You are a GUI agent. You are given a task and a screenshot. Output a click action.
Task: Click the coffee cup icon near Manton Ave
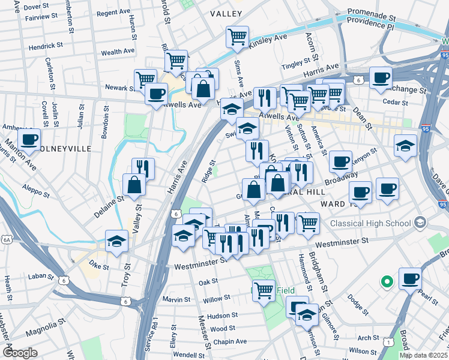(29, 140)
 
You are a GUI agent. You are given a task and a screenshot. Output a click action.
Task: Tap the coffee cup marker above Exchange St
(381, 78)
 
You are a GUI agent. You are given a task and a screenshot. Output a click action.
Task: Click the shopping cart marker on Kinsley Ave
(237, 37)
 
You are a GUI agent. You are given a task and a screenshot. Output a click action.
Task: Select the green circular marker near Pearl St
(387, 280)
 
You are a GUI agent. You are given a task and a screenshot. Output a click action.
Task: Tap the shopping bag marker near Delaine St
(133, 185)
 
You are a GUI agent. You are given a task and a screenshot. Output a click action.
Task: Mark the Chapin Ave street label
(232, 341)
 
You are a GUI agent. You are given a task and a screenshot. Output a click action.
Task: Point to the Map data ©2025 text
(423, 355)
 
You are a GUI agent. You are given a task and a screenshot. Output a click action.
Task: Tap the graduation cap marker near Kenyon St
(405, 146)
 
